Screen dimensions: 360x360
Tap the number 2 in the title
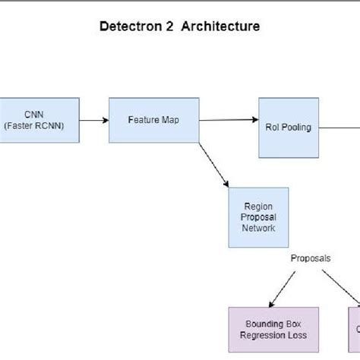(174, 27)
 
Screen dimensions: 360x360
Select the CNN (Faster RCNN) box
(39, 120)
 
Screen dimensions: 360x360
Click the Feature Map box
(154, 119)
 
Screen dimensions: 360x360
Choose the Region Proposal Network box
(258, 217)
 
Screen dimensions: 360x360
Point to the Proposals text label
(311, 258)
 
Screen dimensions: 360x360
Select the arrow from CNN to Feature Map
(94, 120)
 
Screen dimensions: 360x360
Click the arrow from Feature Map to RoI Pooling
(229, 120)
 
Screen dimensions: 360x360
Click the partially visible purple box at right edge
(354, 330)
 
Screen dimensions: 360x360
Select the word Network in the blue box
(258, 227)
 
